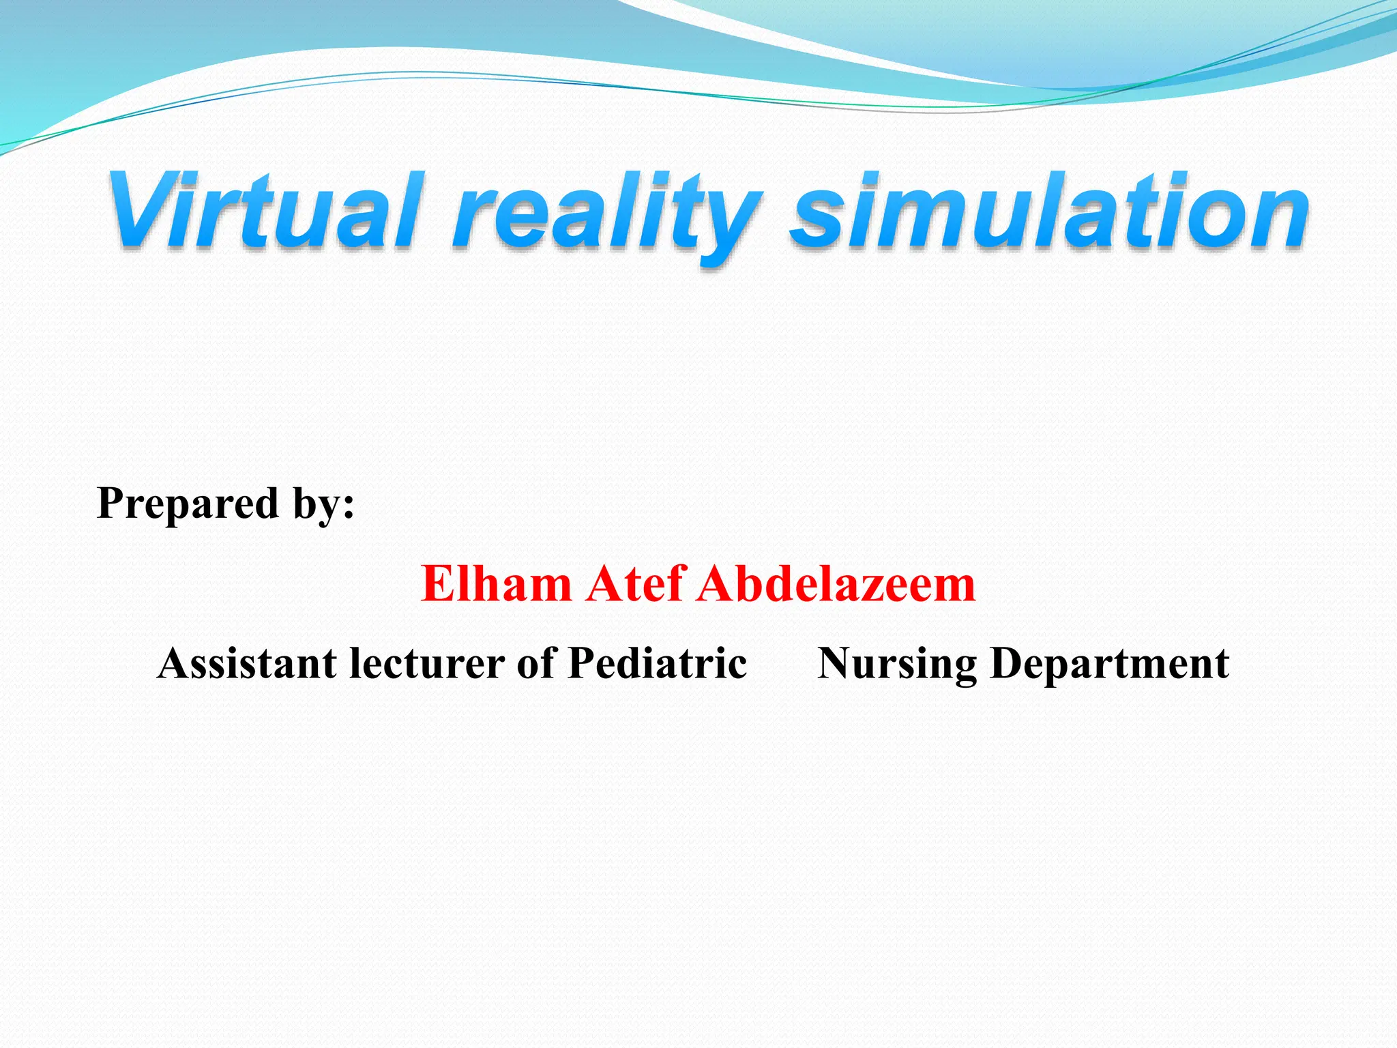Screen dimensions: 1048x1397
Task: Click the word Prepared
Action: point(188,505)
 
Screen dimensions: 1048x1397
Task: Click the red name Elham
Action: point(496,584)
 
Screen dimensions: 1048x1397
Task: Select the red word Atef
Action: point(636,584)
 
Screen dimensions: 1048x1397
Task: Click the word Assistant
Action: point(247,663)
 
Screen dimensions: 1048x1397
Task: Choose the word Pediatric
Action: point(657,663)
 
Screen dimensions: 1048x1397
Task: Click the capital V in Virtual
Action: point(140,209)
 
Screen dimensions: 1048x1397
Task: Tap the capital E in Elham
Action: point(435,584)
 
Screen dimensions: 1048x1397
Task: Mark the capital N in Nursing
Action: point(835,663)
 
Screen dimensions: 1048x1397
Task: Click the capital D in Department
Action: point(1008,663)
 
